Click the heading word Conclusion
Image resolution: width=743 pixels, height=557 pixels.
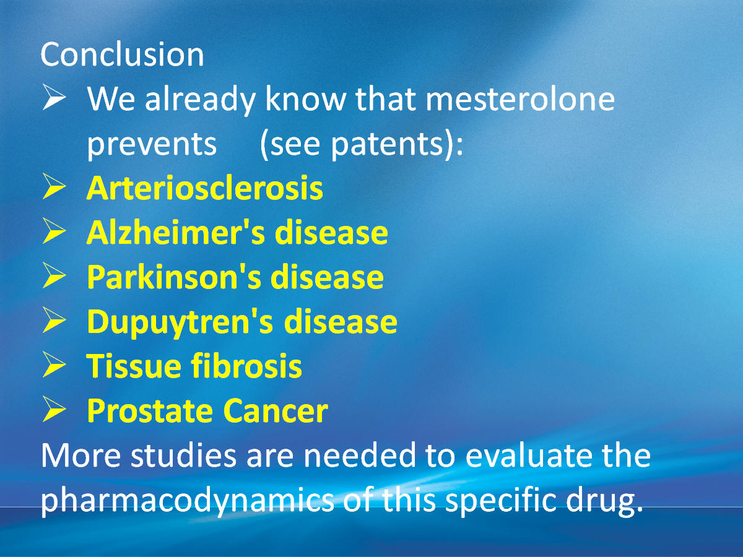click(x=122, y=54)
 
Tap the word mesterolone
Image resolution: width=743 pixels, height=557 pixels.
click(x=520, y=99)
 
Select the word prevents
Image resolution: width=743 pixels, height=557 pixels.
click(x=152, y=144)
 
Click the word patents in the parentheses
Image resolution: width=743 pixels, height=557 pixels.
click(x=386, y=144)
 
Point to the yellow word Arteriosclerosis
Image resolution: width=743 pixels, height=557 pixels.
click(x=205, y=188)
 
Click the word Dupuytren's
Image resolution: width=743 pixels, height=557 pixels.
click(x=180, y=322)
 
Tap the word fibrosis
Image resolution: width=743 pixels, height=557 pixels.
click(x=246, y=366)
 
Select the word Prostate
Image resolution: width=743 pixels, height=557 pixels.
click(x=150, y=411)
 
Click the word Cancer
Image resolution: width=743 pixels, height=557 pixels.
click(x=276, y=411)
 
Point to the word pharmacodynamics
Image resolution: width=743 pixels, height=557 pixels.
click(x=187, y=501)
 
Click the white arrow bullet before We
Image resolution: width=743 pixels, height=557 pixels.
click(x=54, y=97)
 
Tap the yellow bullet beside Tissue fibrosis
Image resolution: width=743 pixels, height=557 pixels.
click(x=54, y=365)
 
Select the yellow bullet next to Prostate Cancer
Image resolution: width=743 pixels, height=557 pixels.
click(x=54, y=410)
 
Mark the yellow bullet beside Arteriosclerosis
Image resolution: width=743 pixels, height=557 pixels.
click(x=54, y=186)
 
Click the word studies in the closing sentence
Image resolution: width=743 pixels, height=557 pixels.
click(x=183, y=456)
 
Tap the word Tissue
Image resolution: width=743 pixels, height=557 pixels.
click(x=134, y=366)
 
